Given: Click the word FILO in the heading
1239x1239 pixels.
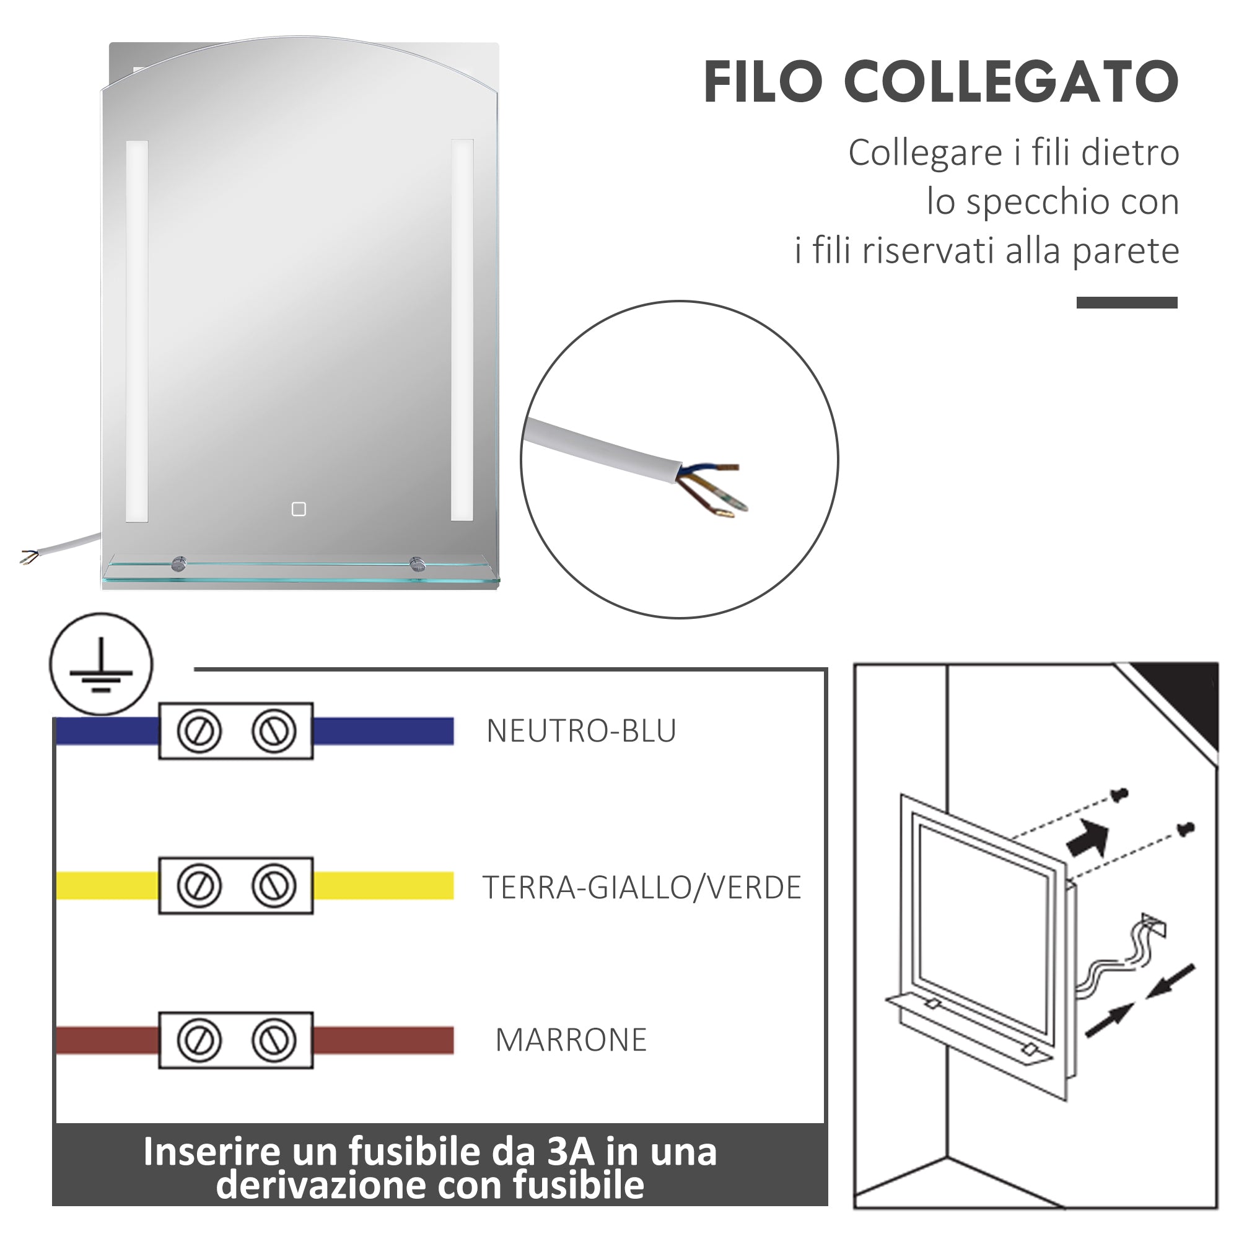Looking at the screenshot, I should [763, 82].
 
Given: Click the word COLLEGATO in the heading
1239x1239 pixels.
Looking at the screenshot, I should [1012, 82].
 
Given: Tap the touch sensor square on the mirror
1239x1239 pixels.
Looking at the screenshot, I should [299, 509].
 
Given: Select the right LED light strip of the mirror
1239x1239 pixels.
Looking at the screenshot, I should [462, 330].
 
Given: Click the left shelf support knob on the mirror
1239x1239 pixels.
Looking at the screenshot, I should [179, 564].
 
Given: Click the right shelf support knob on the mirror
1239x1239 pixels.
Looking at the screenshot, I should [418, 564].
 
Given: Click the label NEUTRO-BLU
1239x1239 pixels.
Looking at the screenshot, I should [581, 731].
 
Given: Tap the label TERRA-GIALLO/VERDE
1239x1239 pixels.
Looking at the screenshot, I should [641, 888].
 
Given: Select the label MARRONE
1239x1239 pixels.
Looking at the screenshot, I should [571, 1040].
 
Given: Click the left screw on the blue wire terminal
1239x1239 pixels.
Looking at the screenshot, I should [199, 731].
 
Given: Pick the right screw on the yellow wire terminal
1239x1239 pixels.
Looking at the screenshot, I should [274, 886].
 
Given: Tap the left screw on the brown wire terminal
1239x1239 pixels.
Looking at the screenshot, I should [199, 1040].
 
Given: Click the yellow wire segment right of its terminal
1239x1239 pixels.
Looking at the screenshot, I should [383, 886].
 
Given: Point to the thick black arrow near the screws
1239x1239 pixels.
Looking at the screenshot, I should [1088, 838].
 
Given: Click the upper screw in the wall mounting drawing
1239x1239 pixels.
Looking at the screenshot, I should [1120, 795].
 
